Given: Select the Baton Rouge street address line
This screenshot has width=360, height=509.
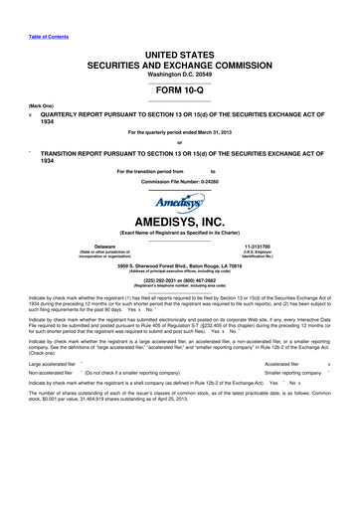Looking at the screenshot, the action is [x=179, y=265].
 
